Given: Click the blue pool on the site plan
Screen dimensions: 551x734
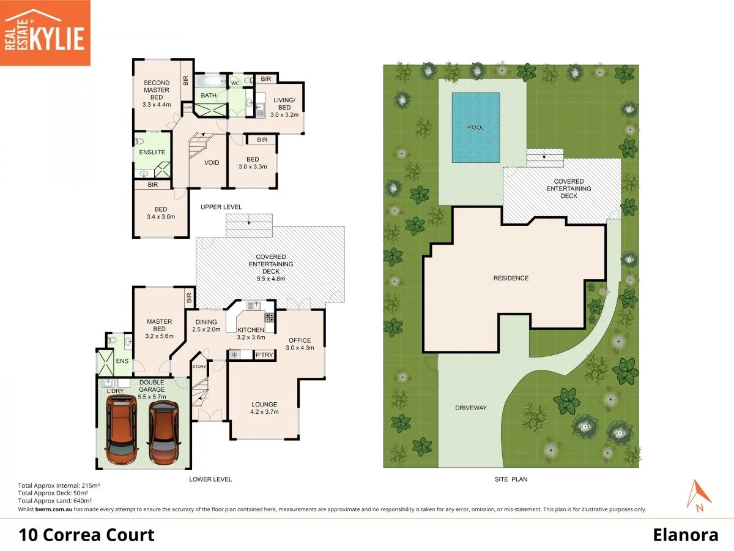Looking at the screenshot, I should pyautogui.click(x=476, y=127).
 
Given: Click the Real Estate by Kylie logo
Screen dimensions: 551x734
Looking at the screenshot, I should pyautogui.click(x=45, y=32).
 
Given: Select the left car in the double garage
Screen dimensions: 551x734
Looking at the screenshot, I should pyautogui.click(x=120, y=429).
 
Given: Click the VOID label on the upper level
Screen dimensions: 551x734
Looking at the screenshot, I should pyautogui.click(x=212, y=163).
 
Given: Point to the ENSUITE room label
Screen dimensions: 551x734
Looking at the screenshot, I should pyautogui.click(x=152, y=152).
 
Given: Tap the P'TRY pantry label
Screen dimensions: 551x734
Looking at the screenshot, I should pyautogui.click(x=264, y=355).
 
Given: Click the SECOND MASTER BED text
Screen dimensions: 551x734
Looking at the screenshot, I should pyautogui.click(x=157, y=90).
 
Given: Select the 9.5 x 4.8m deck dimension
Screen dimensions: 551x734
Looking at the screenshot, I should pyautogui.click(x=272, y=279).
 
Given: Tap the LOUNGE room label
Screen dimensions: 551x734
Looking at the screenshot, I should pyautogui.click(x=264, y=404).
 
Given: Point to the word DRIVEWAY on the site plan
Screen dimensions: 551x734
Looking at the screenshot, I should pyautogui.click(x=470, y=408).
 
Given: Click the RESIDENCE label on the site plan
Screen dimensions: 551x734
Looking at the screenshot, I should pyautogui.click(x=511, y=278).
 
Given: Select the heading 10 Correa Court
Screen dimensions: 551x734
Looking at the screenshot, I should pyautogui.click(x=87, y=535).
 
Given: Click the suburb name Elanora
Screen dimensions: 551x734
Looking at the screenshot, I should pyautogui.click(x=684, y=535).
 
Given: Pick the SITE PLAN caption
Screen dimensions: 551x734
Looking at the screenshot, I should pyautogui.click(x=511, y=479).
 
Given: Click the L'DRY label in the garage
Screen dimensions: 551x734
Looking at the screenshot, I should pyautogui.click(x=116, y=391).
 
